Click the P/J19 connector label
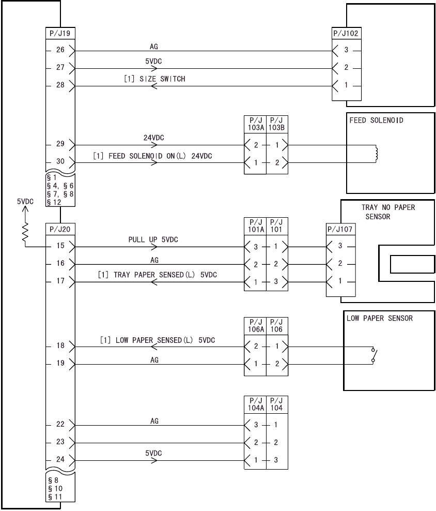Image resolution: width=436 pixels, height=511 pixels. point(60,34)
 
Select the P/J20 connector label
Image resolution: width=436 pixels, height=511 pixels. point(60,229)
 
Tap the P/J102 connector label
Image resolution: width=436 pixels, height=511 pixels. point(347,34)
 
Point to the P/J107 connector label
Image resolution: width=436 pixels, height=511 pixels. point(339,229)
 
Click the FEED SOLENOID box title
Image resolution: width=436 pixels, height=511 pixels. point(377,121)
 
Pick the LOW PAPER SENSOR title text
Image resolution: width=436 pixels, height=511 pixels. point(380,318)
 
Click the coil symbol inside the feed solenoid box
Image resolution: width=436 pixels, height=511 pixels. point(376,154)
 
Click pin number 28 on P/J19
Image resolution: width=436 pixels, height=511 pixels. point(60,85)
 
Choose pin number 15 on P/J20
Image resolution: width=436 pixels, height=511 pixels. point(60,246)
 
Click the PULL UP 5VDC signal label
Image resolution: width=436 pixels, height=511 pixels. point(153,240)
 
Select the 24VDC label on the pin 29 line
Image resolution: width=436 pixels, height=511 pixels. point(153,139)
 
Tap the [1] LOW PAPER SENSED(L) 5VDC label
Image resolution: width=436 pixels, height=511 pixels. point(158,340)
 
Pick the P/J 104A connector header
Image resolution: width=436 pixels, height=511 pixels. point(255,403)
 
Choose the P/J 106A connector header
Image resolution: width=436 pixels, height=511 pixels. point(255,325)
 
